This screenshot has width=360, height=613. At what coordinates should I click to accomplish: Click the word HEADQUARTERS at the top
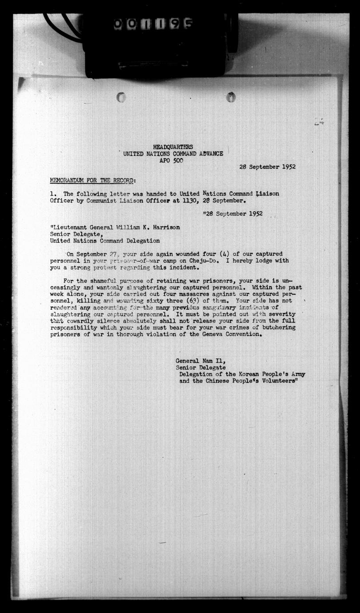(x=173, y=147)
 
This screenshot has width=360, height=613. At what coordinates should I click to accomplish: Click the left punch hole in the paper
(x=121, y=97)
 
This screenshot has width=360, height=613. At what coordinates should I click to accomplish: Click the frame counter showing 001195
(x=153, y=24)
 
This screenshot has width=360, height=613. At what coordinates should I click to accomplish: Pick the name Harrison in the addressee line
(x=165, y=227)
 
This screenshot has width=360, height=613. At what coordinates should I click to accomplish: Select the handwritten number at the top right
(x=318, y=122)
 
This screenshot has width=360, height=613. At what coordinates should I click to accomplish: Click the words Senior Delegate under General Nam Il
(x=201, y=368)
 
